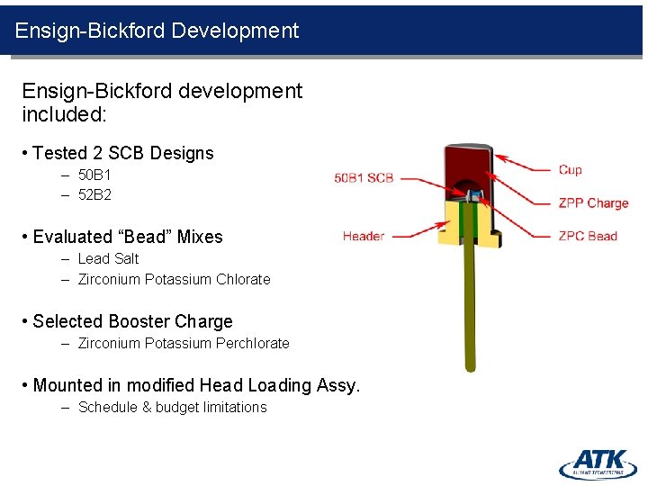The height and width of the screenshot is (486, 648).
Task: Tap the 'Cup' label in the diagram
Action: tap(570, 169)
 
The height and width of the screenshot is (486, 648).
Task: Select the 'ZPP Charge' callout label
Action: tap(593, 202)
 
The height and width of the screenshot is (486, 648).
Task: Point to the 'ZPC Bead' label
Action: tap(588, 236)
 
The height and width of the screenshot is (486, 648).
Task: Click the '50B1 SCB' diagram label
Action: tap(364, 177)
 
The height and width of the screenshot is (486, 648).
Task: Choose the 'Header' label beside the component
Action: tap(364, 236)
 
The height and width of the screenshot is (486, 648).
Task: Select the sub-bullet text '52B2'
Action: tap(94, 194)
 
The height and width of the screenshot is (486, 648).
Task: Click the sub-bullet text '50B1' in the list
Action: tap(94, 175)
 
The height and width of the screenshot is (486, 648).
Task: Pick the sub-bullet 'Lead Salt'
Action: tap(109, 258)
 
